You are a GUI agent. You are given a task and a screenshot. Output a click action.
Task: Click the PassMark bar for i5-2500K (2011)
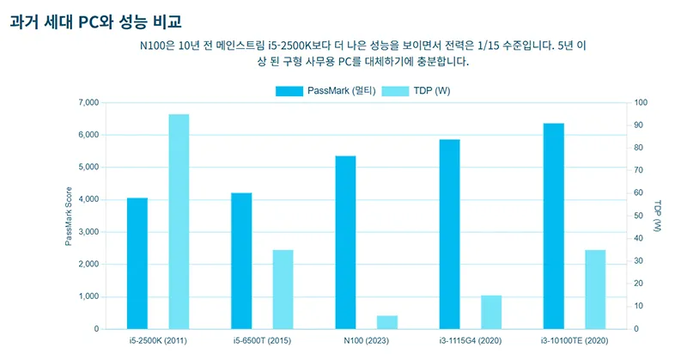[x=137, y=263]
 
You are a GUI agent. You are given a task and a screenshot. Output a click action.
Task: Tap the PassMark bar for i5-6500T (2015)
[x=241, y=260]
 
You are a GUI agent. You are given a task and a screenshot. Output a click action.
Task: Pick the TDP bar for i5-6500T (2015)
[x=283, y=289]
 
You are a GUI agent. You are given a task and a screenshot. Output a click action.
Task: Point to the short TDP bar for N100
[x=387, y=322]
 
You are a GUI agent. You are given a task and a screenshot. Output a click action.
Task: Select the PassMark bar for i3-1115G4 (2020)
[x=450, y=234]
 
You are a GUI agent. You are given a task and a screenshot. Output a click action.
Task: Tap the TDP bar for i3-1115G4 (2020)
[x=491, y=312]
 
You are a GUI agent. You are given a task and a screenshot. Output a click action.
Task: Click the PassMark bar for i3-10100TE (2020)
[x=554, y=226]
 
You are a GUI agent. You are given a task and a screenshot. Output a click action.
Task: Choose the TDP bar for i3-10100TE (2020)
[x=596, y=289]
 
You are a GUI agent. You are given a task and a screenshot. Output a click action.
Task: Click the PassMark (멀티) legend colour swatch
[x=289, y=91]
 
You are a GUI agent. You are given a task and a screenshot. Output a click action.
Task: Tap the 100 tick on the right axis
[x=641, y=103]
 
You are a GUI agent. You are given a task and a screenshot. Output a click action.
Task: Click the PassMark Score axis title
[x=68, y=216]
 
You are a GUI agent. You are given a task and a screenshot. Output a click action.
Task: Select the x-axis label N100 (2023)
[x=366, y=341]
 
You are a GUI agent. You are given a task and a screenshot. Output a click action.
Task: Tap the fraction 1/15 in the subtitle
[x=465, y=44]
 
